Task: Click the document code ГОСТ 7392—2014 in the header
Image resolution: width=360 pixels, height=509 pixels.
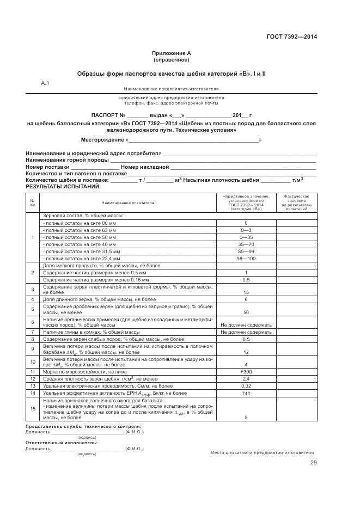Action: click(291, 37)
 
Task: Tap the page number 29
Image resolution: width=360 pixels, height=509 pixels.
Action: click(313, 463)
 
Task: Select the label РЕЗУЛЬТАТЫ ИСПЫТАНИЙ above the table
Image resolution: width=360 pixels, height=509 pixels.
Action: click(63, 186)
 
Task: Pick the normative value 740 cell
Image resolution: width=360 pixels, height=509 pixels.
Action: click(246, 392)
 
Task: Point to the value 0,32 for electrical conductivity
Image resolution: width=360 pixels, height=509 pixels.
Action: click(246, 385)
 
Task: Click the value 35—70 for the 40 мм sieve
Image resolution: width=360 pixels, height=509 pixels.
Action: click(246, 244)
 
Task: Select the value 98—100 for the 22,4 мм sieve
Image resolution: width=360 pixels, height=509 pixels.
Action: click(246, 259)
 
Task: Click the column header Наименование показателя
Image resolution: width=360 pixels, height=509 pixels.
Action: click(127, 203)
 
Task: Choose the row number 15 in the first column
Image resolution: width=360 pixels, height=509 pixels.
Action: click(33, 408)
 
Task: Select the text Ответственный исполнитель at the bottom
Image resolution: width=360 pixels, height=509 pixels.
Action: click(62, 443)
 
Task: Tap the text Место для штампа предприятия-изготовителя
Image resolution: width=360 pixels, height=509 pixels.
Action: click(262, 452)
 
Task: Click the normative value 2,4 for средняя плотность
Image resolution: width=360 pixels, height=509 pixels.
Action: click(246, 378)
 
